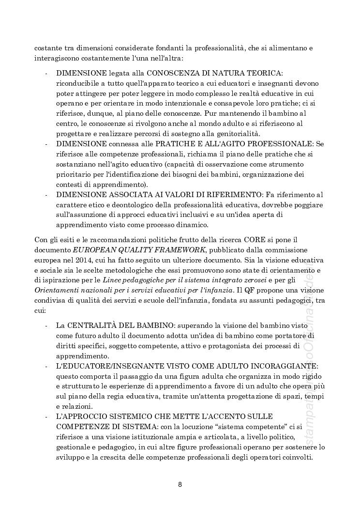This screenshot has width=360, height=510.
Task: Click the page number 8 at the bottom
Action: [180, 484]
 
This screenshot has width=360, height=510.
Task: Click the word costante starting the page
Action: [47, 47]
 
